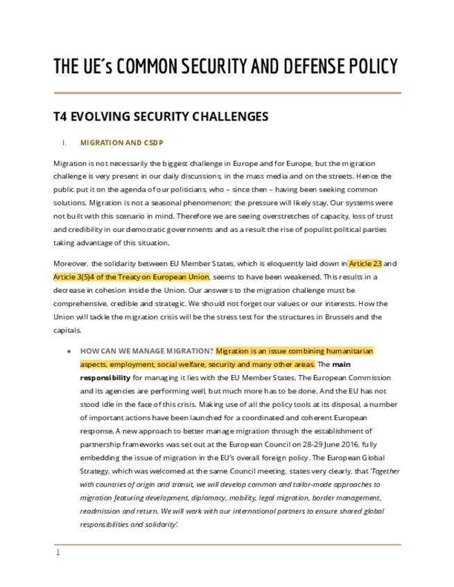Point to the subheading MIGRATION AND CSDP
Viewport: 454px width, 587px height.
coord(121,143)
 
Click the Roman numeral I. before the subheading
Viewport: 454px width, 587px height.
coord(64,143)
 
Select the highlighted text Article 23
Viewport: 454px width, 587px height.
coord(365,264)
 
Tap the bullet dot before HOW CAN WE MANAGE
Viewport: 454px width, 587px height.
coord(69,352)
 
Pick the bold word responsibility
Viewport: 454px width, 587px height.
coord(105,378)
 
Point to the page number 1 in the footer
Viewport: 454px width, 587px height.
coord(58,552)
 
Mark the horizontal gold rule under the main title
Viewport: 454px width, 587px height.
coord(227,93)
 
